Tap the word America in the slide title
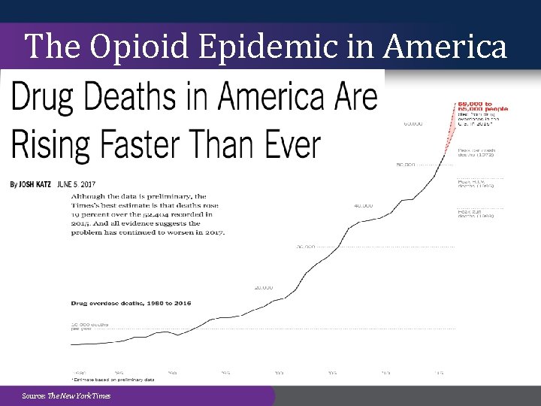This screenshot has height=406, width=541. tap(445, 47)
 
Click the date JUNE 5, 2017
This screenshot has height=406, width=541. tap(77, 184)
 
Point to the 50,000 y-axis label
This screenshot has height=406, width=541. tap(406, 165)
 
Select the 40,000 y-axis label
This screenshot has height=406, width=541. tap(364, 205)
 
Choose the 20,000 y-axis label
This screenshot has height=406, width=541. tap(263, 287)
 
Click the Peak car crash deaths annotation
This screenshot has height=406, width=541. tap(476, 153)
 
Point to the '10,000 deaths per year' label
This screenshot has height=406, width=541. tap(89, 326)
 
